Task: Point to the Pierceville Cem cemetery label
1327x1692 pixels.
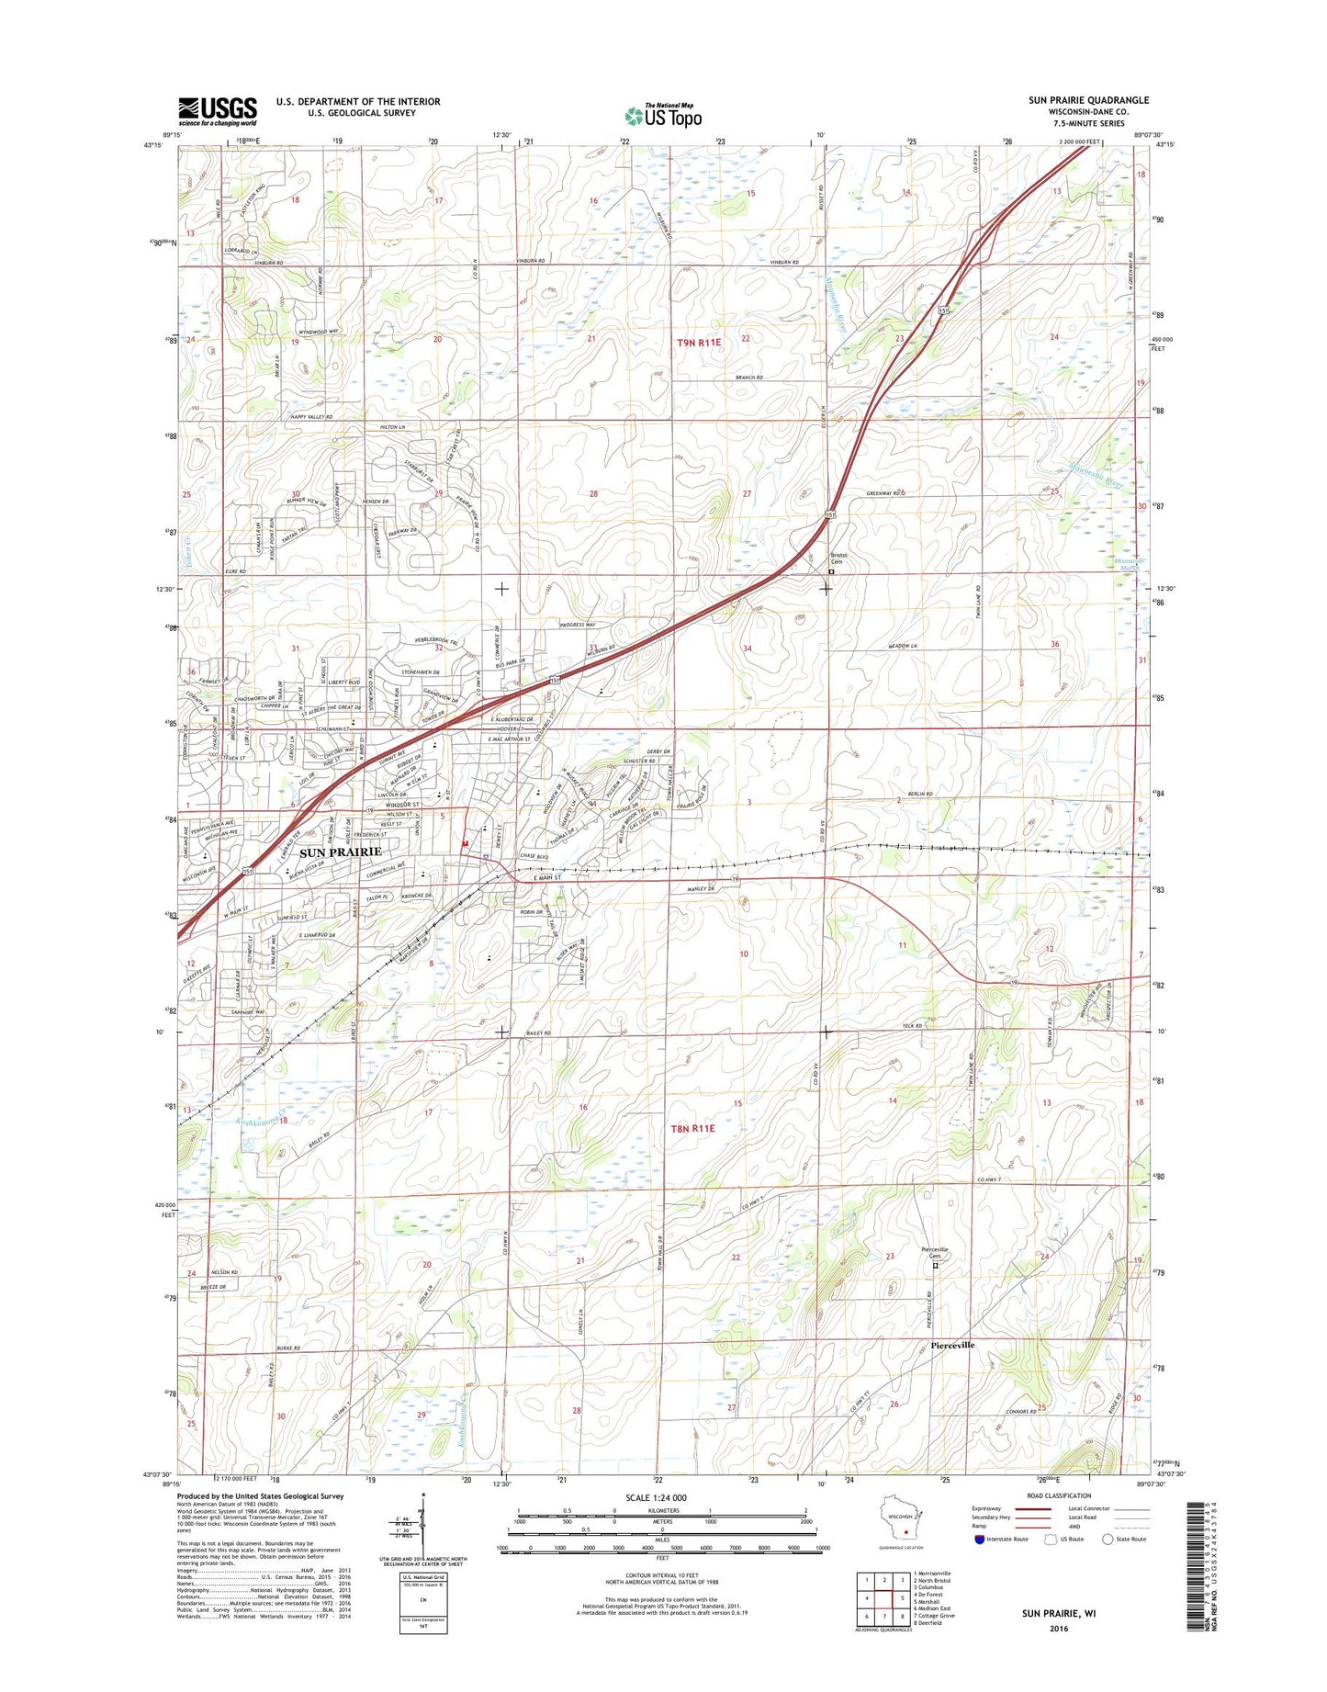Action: [936, 1253]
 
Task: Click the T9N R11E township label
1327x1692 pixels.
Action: [700, 342]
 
